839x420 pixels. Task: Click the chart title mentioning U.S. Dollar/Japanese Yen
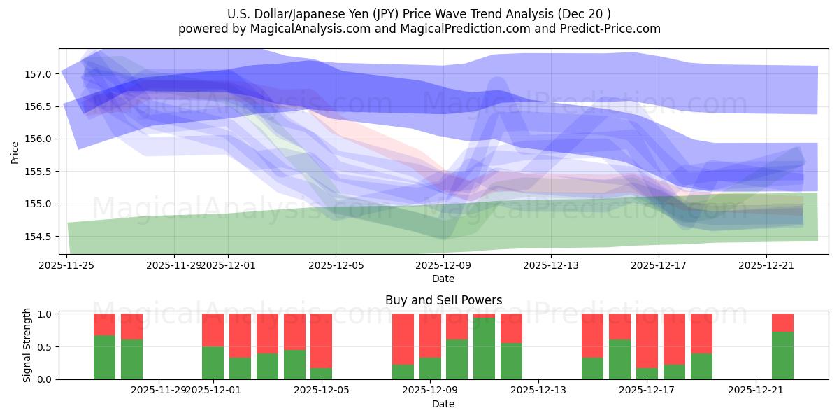coord(419,14)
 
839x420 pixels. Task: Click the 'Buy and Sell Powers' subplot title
coord(443,300)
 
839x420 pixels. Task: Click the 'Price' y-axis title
coord(15,152)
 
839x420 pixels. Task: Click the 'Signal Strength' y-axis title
coord(27,346)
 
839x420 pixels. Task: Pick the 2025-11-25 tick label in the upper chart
coord(66,265)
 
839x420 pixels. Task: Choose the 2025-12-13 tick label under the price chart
coord(552,265)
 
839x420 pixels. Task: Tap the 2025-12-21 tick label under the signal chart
coord(756,391)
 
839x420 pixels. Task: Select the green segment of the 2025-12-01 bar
coord(213,363)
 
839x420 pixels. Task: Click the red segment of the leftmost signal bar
coord(104,324)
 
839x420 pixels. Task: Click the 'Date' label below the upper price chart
coord(443,279)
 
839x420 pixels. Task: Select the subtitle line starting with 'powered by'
coord(419,29)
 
